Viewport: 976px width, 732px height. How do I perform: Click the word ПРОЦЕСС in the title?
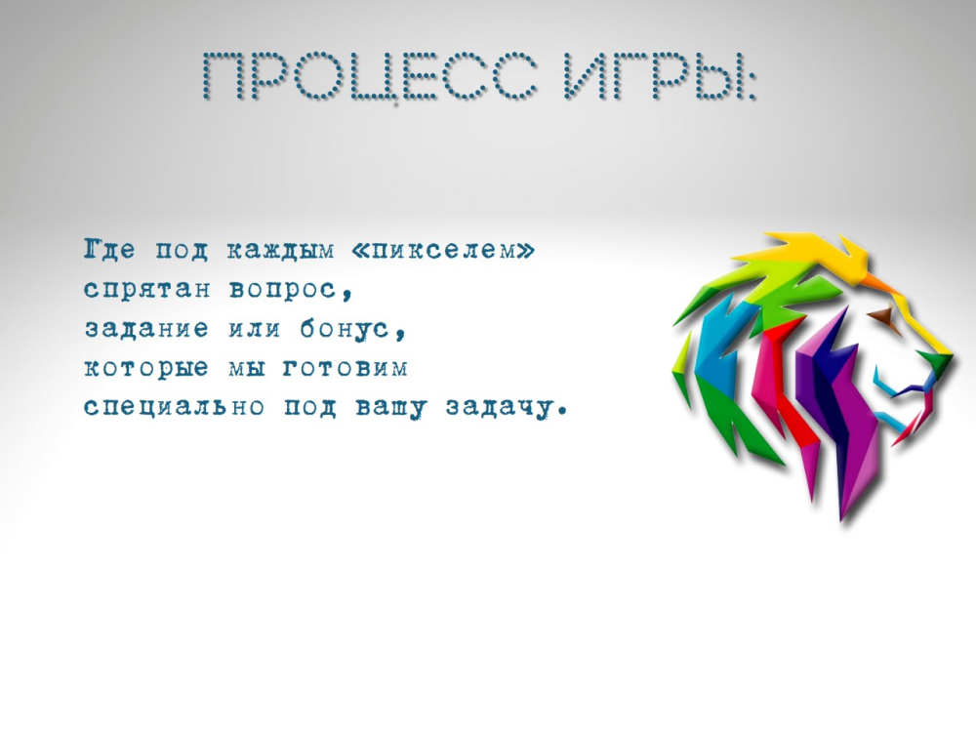point(370,77)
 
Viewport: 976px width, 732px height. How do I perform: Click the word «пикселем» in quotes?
point(442,250)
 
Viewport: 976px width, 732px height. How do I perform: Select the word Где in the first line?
point(109,250)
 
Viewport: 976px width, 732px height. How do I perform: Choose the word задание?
point(146,328)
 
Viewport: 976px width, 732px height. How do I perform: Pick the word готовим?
point(346,368)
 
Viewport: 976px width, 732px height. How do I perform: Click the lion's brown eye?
point(880,317)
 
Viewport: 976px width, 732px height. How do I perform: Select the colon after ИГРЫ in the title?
point(751,82)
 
